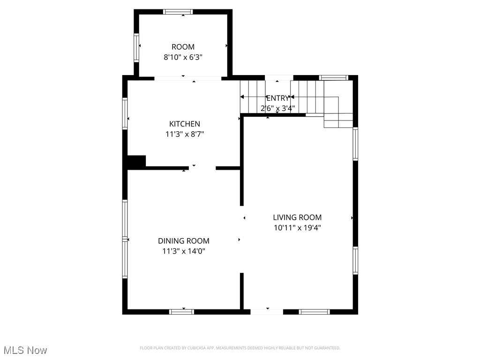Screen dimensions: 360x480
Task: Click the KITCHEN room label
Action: [184, 124]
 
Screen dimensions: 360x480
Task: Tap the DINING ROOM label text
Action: [183, 241]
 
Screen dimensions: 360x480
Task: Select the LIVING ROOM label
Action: [297, 217]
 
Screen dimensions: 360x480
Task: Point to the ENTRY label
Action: [277, 98]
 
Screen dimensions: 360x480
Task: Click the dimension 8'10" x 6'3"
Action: [183, 57]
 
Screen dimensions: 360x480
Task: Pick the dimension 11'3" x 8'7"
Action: [184, 134]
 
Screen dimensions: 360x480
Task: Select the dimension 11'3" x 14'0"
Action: [183, 251]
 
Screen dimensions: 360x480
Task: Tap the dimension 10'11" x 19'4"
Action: [297, 228]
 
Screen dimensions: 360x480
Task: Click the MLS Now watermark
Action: [25, 350]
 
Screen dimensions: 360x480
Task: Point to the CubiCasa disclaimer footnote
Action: [240, 348]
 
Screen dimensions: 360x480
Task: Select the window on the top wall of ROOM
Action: [178, 12]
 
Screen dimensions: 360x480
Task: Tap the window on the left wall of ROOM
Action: [136, 48]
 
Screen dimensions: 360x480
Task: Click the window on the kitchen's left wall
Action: [125, 112]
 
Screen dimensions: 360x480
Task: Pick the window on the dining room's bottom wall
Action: [181, 311]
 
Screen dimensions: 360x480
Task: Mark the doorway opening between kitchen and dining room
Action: [202, 167]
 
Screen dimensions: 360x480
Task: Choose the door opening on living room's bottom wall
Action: [267, 311]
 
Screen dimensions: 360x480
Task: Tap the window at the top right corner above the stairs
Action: [333, 77]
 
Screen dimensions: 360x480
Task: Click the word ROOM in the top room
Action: [183, 47]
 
